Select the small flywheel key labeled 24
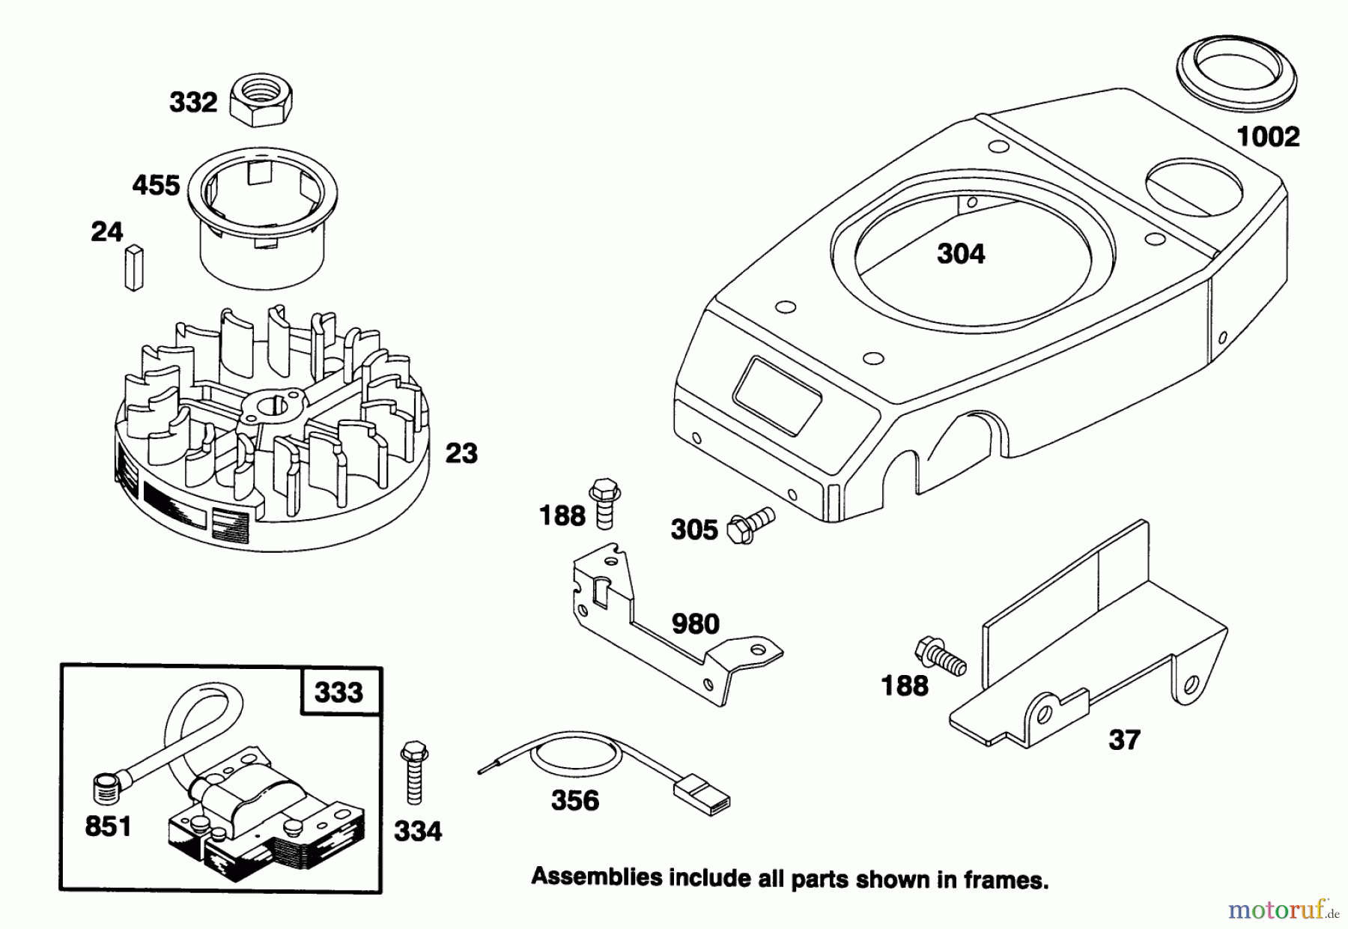point(133,267)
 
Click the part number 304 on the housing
point(961,253)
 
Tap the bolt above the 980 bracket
point(603,504)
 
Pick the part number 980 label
point(695,623)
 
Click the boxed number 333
point(339,692)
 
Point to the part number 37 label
point(1124,740)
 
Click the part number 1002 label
point(1268,136)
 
